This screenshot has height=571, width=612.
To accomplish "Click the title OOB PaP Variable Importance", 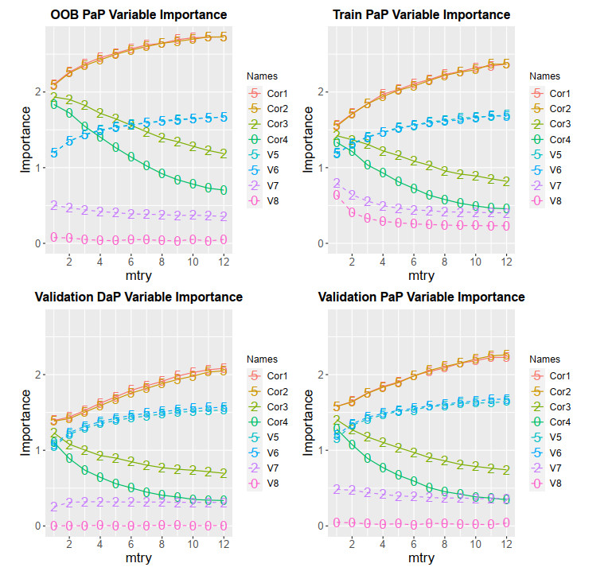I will pyautogui.click(x=138, y=14).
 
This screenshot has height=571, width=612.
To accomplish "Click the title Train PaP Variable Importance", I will pyautogui.click(x=422, y=14).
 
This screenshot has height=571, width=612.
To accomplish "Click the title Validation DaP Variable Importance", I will pyautogui.click(x=138, y=297).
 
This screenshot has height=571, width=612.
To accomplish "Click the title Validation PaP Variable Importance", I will pyautogui.click(x=422, y=297).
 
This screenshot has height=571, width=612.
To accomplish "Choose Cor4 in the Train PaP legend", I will pyautogui.click(x=556, y=139).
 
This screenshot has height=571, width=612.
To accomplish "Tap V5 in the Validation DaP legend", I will pyautogui.click(x=273, y=437).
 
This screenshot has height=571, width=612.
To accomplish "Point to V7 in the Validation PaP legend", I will pyautogui.click(x=556, y=468).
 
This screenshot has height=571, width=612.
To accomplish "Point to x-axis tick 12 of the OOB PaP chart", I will pyautogui.click(x=224, y=260).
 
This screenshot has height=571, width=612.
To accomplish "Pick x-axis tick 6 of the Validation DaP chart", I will pyautogui.click(x=131, y=543).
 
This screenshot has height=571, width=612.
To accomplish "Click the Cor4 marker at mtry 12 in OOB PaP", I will pyautogui.click(x=224, y=190).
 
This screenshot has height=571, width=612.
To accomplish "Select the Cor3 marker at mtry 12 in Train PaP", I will pyautogui.click(x=507, y=181).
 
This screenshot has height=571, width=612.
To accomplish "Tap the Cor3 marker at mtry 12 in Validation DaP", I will pyautogui.click(x=224, y=473).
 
